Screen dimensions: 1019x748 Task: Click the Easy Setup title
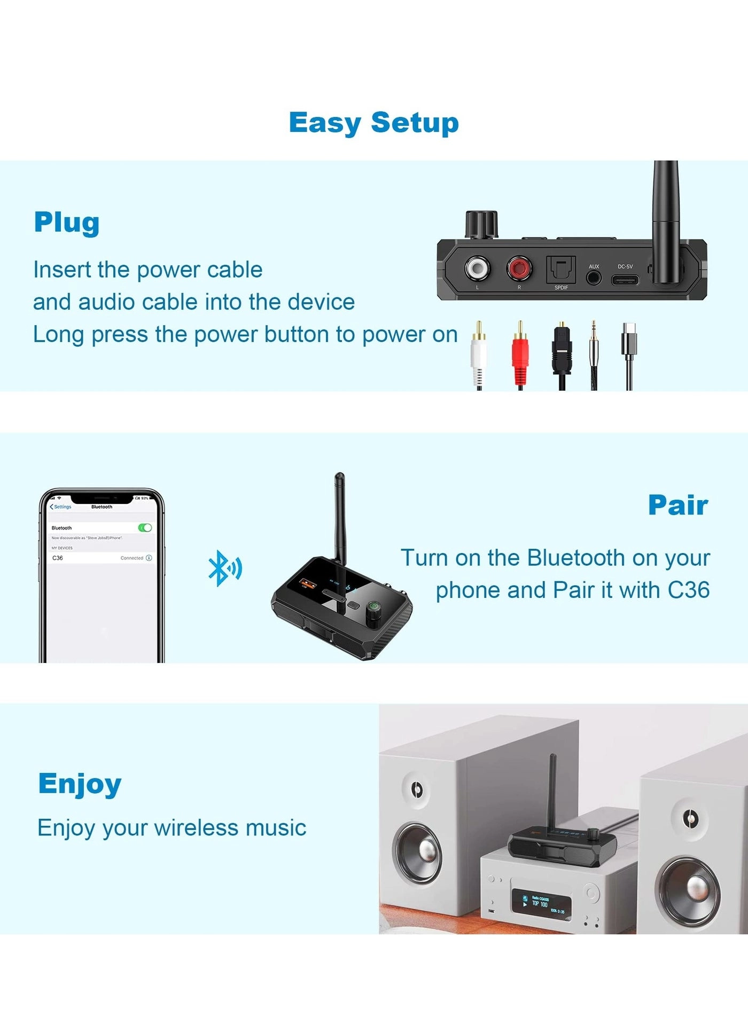(x=373, y=123)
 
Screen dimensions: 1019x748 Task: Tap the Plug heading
(x=67, y=223)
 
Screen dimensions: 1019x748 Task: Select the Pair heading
(x=678, y=505)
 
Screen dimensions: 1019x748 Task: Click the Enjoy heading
(x=80, y=784)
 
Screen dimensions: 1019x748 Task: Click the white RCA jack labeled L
(x=477, y=267)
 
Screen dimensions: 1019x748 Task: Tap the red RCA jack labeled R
(x=519, y=267)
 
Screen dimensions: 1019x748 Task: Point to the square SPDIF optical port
(x=560, y=269)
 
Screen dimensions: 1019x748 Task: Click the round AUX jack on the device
(x=594, y=278)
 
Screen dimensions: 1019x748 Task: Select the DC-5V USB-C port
(x=625, y=280)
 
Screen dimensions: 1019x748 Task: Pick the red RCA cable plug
(x=520, y=355)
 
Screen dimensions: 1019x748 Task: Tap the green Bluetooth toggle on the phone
(x=145, y=527)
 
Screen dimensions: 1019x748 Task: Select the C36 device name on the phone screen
(x=58, y=558)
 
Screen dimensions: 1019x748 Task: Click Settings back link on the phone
(x=61, y=507)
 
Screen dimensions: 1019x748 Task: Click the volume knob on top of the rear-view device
(x=481, y=224)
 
